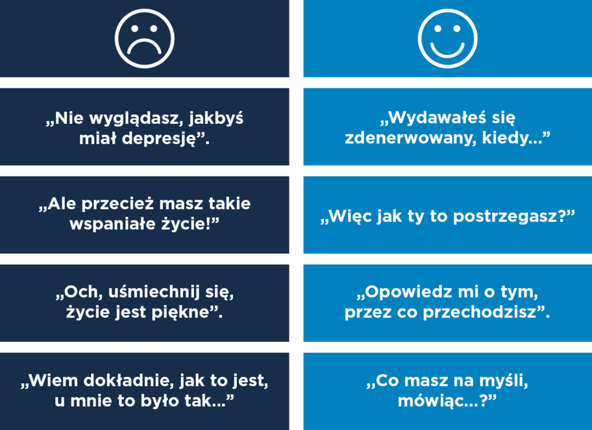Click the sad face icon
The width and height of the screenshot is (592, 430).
tap(145, 38)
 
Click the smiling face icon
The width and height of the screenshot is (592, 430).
tap(447, 38)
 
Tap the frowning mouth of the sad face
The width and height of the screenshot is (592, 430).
tap(145, 48)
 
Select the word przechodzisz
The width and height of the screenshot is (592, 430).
tap(486, 312)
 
